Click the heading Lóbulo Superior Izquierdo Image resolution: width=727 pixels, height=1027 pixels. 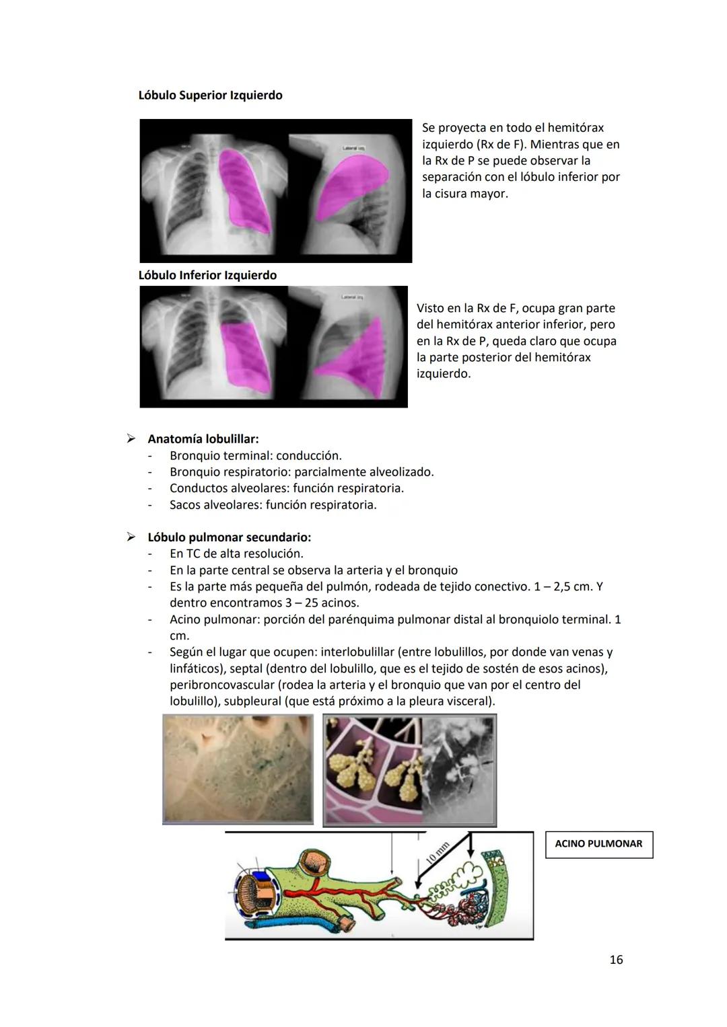[x=210, y=96]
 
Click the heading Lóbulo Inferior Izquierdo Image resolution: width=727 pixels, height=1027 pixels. [x=207, y=275]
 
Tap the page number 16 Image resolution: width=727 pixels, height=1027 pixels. [x=616, y=960]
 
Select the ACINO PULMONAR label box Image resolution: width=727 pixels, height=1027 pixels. [x=598, y=844]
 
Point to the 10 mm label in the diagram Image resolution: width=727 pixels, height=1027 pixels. [x=438, y=853]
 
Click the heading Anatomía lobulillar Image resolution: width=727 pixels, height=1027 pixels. [x=203, y=439]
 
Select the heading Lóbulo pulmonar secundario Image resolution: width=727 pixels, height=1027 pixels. [x=230, y=537]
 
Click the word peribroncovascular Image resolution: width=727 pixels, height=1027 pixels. [x=221, y=685]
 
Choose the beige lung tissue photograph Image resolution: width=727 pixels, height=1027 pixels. [x=238, y=769]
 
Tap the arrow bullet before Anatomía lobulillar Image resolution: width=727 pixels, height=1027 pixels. [x=131, y=439]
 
